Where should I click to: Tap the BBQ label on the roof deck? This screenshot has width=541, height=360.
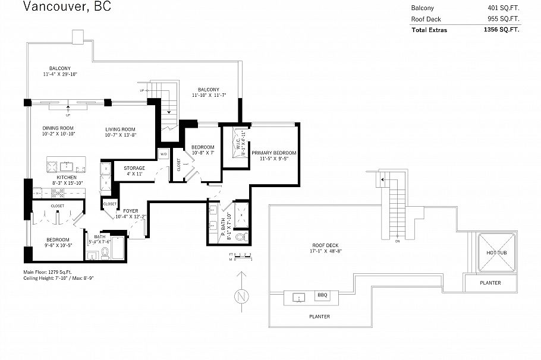[x=322, y=295]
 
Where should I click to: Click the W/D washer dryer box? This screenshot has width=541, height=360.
[x=163, y=154]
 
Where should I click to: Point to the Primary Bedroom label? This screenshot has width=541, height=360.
[x=273, y=153]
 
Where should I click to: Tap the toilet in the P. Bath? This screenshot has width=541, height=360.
[x=241, y=237]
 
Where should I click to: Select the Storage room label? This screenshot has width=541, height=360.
[x=134, y=168]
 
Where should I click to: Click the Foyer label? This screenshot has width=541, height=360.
[x=131, y=211]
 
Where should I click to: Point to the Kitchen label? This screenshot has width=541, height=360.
[x=66, y=178]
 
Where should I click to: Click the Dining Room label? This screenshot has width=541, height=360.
[x=58, y=128]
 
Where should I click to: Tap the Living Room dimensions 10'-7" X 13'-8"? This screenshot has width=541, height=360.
[x=121, y=135]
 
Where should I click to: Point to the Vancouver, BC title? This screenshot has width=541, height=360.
[x=67, y=7]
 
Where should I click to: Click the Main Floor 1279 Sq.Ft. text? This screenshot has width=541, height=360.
[x=49, y=272]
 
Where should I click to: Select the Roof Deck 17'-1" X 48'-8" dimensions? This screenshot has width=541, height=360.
[x=326, y=251]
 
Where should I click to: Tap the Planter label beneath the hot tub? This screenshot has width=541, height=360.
[x=490, y=283]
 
